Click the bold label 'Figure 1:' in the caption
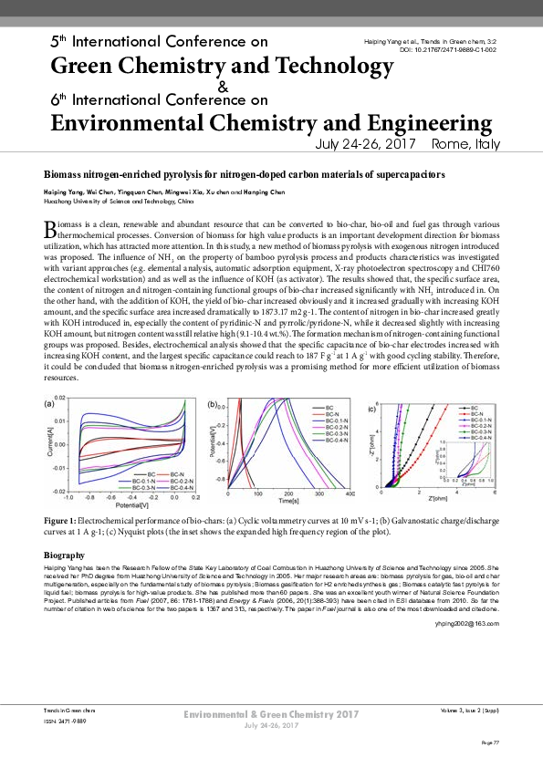[x=63, y=518]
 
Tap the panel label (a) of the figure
[x=50, y=403]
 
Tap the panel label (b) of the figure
[x=212, y=403]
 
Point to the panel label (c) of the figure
[x=372, y=408]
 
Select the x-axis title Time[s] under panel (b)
[x=288, y=501]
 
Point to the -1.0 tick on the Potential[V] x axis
[x=68, y=497]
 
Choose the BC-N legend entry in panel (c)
[x=475, y=414]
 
